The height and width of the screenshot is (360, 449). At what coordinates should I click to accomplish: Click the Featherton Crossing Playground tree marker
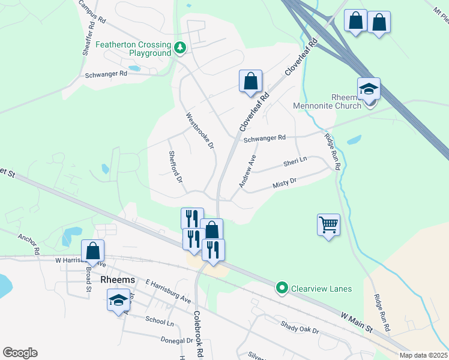tap(179, 47)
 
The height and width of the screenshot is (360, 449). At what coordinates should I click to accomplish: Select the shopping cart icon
tap(328, 225)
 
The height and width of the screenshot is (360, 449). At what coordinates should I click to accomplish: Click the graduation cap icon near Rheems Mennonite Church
tap(369, 89)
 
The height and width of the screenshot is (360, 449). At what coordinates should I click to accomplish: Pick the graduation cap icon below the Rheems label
tap(119, 300)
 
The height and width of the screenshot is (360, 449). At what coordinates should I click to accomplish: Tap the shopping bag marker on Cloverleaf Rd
tap(250, 81)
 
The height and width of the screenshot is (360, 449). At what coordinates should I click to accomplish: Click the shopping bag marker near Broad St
tap(93, 251)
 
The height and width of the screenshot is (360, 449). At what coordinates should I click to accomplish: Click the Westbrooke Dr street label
tap(199, 131)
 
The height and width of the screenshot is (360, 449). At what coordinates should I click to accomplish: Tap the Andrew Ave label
tap(248, 171)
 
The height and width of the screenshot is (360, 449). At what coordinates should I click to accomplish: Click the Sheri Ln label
tap(295, 161)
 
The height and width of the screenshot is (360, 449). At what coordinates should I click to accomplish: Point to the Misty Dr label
tap(285, 182)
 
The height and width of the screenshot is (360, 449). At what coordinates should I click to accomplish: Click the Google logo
tap(20, 353)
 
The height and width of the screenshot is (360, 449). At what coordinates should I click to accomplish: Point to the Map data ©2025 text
tap(423, 355)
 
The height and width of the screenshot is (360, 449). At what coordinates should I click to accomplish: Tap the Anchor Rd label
tap(29, 242)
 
